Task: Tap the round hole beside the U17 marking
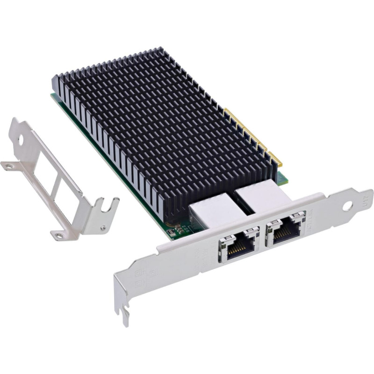347,206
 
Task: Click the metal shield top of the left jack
213,210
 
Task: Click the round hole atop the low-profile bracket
21,139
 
